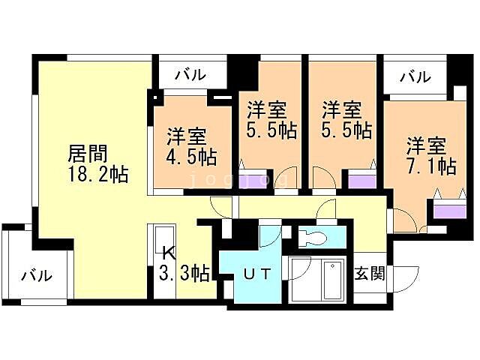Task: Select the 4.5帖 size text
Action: pos(192,158)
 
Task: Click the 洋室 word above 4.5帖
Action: pos(187,138)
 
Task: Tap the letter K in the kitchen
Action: pos(166,253)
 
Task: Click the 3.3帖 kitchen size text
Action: pos(184,273)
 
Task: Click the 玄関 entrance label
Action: pos(370,274)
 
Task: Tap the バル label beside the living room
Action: pos(37,275)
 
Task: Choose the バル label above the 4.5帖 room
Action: pos(190,76)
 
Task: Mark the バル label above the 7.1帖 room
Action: pos(415,76)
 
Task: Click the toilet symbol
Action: pos(314,238)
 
